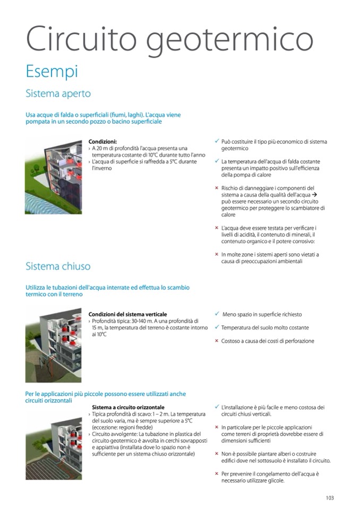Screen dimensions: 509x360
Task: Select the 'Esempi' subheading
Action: (x=52, y=71)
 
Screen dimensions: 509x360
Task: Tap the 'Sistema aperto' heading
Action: (x=58, y=94)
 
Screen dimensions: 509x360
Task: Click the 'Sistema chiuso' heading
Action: (x=58, y=266)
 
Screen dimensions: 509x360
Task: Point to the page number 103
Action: (x=330, y=498)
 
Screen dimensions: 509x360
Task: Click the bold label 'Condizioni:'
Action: (x=102, y=142)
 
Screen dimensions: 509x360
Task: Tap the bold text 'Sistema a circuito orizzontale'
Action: (x=128, y=407)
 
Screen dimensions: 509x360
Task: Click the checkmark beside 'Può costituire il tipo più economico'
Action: (x=217, y=142)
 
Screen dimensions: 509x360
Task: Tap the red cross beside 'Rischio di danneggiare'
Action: (x=217, y=188)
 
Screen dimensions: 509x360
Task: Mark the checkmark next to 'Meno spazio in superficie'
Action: (x=217, y=314)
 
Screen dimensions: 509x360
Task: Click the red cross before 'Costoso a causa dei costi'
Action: (x=217, y=341)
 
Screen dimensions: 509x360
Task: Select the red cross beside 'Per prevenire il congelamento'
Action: (x=217, y=473)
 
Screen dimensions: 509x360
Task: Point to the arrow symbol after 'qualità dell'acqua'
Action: (x=314, y=195)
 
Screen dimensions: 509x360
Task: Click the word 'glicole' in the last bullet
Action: (x=276, y=481)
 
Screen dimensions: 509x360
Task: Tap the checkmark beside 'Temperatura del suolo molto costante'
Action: (x=217, y=327)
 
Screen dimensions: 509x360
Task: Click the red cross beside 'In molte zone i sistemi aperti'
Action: (x=217, y=254)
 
